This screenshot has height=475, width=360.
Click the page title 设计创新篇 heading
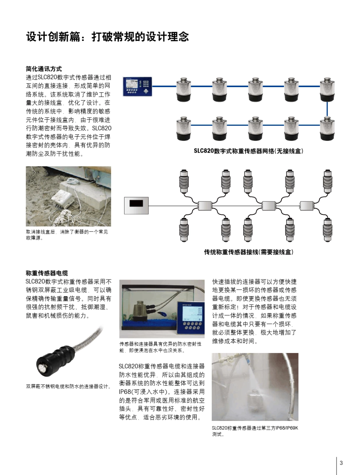pyautogui.click(x=107, y=37)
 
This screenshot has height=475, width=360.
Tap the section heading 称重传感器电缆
pyautogui.click(x=47, y=273)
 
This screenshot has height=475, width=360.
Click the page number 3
pyautogui.click(x=341, y=463)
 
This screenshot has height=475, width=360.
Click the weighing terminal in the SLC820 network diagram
pyautogui.click(x=136, y=86)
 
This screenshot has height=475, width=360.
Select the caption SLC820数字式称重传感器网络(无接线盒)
pyautogui.click(x=248, y=151)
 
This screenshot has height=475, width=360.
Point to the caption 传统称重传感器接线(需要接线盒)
pyautogui.click(x=249, y=252)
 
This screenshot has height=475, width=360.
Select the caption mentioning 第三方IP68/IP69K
pyautogui.click(x=255, y=431)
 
